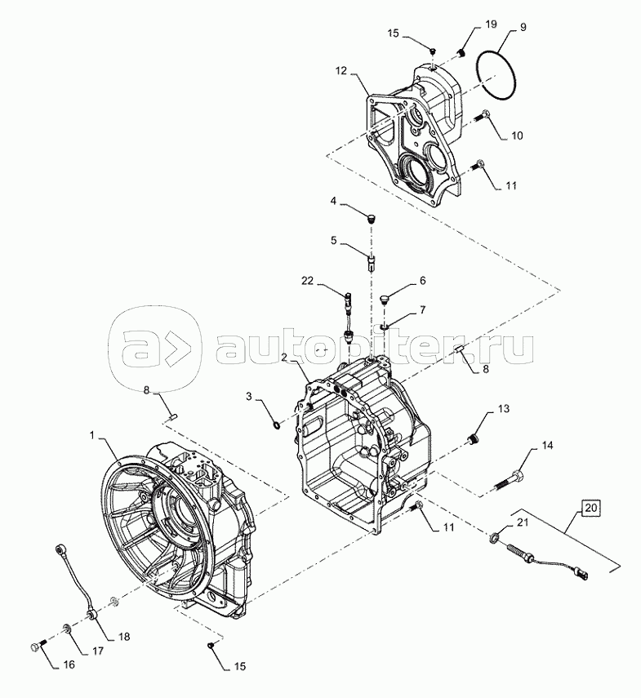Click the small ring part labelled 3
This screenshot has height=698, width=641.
click(277, 426)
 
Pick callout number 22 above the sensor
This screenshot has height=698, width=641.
click(308, 281)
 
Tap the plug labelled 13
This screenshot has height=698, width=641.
click(471, 440)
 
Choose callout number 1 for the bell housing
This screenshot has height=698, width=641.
click(92, 435)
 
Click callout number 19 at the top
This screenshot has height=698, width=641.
click(491, 24)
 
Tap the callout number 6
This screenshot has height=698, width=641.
click(422, 281)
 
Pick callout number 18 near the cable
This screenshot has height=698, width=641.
click(124, 637)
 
